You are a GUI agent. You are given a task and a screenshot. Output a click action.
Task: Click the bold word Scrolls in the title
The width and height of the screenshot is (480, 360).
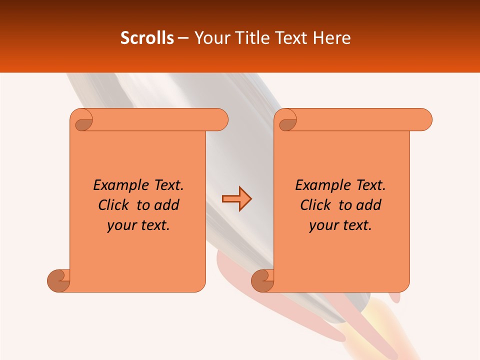click(147, 38)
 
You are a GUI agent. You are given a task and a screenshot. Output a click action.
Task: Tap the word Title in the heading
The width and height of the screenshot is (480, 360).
click(254, 38)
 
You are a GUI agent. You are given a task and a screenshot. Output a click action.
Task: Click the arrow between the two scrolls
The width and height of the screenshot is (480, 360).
click(236, 199)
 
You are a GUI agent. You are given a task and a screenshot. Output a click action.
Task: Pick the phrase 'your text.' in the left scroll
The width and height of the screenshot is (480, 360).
click(138, 225)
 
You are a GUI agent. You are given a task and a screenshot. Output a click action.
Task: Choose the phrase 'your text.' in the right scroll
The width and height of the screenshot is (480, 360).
click(340, 225)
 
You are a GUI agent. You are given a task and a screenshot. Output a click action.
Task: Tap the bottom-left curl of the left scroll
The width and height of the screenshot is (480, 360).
click(59, 280)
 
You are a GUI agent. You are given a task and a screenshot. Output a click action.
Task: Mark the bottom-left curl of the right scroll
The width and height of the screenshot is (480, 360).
click(263, 280)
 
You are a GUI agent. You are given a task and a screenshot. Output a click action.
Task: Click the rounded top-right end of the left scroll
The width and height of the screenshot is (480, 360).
click(220, 119)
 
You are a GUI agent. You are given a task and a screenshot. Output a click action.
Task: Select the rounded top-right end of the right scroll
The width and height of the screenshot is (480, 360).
click(424, 119)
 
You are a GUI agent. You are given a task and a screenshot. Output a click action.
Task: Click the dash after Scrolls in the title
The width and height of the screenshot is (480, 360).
click(183, 38)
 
